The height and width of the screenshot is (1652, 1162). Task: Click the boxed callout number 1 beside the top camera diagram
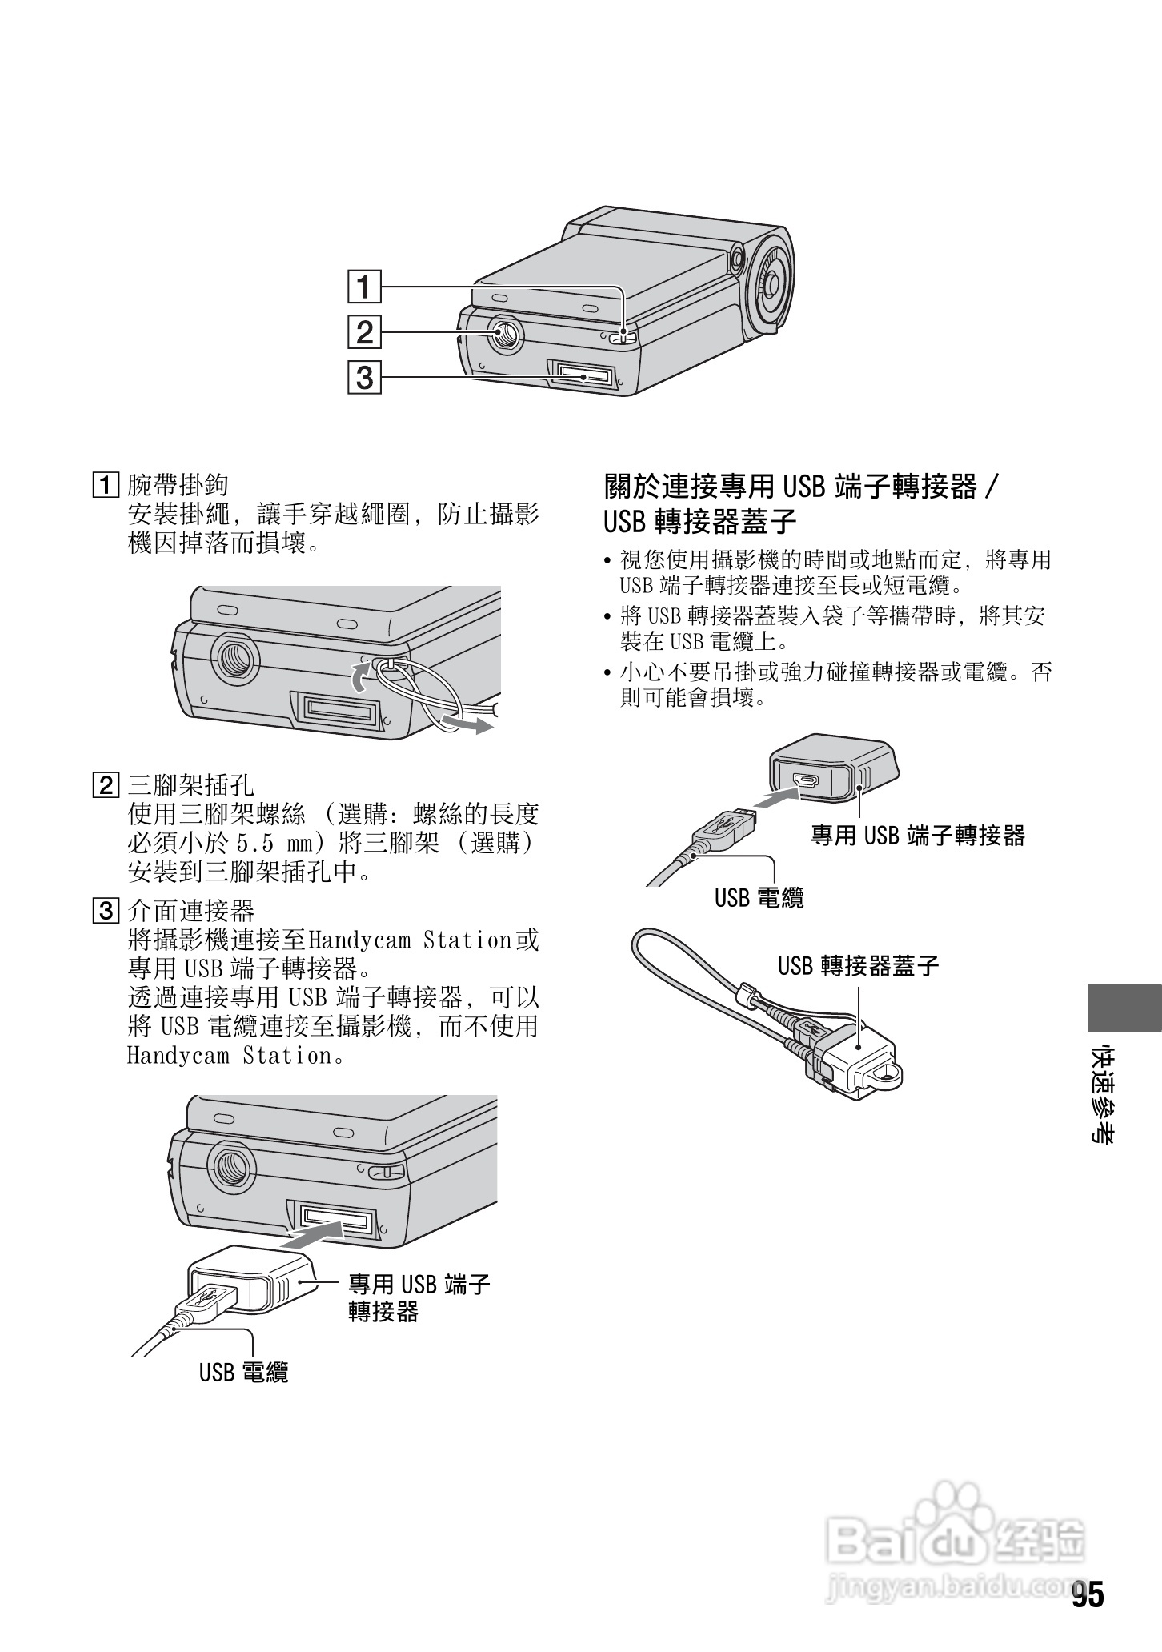pyautogui.click(x=364, y=287)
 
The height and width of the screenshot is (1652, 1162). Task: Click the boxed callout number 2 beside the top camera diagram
pyautogui.click(x=364, y=331)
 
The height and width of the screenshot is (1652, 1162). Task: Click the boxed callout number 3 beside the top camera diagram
pyautogui.click(x=364, y=376)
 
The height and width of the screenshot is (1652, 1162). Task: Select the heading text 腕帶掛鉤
pyautogui.click(x=178, y=485)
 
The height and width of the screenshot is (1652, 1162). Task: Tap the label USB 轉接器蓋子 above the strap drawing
pyautogui.click(x=858, y=966)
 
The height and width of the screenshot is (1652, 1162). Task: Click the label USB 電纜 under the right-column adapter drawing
pyautogui.click(x=759, y=898)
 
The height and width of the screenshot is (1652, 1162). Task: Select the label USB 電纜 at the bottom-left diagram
pyautogui.click(x=243, y=1373)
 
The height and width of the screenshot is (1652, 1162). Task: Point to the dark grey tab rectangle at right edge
pyautogui.click(x=1124, y=1007)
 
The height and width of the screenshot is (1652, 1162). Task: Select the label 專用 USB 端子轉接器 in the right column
pyautogui.click(x=918, y=836)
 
